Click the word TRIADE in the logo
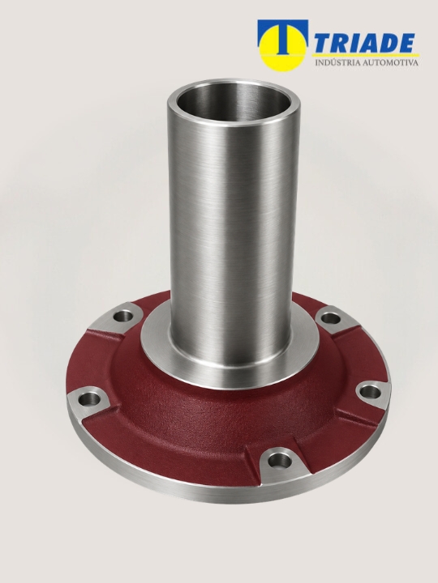(x=364, y=43)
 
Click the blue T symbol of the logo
(x=283, y=36)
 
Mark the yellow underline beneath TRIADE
(x=365, y=55)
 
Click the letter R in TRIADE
(x=340, y=43)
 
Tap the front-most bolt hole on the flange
(x=280, y=461)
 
